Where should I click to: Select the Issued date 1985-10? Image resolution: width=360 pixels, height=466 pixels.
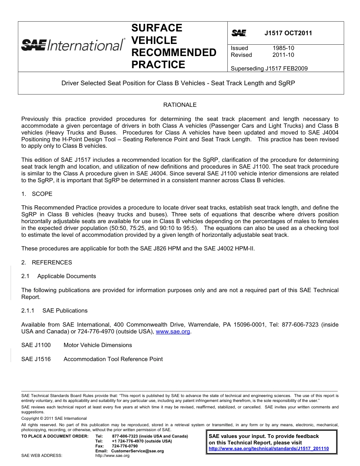283,48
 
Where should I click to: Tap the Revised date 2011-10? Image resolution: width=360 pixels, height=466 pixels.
283,55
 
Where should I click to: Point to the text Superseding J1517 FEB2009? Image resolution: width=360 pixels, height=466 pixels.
269,69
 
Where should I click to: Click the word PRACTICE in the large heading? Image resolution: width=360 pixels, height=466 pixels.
158,64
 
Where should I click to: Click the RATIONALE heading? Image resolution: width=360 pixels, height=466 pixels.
180,105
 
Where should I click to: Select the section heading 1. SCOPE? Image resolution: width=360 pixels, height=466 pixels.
37,194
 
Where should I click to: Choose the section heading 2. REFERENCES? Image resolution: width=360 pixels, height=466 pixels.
47,263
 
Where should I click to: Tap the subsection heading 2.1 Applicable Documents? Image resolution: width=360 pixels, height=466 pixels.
59,276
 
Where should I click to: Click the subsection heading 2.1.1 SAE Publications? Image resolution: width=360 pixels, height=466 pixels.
54,311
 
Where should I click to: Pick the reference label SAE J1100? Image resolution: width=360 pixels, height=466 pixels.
36,345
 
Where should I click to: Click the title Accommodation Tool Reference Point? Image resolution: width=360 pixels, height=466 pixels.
113,359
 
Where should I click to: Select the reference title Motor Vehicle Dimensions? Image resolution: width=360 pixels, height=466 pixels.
98,345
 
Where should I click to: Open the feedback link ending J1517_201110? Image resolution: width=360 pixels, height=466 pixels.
269,449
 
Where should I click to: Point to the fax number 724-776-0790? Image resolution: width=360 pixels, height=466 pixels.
125,446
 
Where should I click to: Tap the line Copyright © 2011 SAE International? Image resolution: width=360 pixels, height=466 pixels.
54,418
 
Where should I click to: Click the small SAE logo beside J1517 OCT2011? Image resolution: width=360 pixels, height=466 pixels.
239,33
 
